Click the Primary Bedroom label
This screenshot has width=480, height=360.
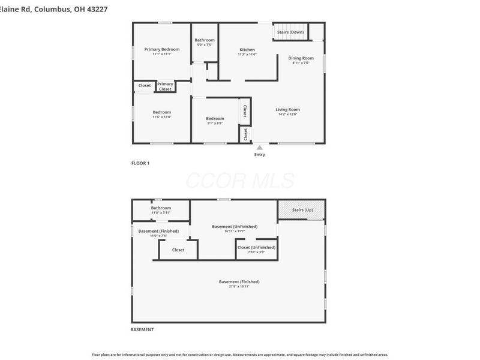(x=162, y=49)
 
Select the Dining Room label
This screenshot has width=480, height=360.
(x=301, y=58)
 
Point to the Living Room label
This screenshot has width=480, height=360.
(x=287, y=110)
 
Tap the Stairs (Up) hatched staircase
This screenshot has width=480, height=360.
(x=302, y=210)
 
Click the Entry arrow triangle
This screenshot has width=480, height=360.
(x=259, y=148)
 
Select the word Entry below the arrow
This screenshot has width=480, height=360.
(x=259, y=155)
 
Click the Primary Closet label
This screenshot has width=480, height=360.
(x=165, y=86)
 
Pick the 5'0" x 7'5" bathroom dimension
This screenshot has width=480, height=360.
(x=205, y=45)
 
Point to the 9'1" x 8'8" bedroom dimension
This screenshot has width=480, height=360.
(x=215, y=124)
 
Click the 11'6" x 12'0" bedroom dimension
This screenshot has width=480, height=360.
(x=161, y=117)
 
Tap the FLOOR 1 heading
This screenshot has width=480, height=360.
(x=140, y=163)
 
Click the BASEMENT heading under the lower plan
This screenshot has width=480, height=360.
(x=142, y=329)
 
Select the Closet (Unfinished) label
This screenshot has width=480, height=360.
(x=256, y=247)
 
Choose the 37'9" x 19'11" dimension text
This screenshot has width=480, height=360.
(x=239, y=287)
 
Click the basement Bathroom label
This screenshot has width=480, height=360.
(x=161, y=208)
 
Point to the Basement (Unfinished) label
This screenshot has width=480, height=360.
(x=235, y=226)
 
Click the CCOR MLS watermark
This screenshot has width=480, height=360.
(x=240, y=180)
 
